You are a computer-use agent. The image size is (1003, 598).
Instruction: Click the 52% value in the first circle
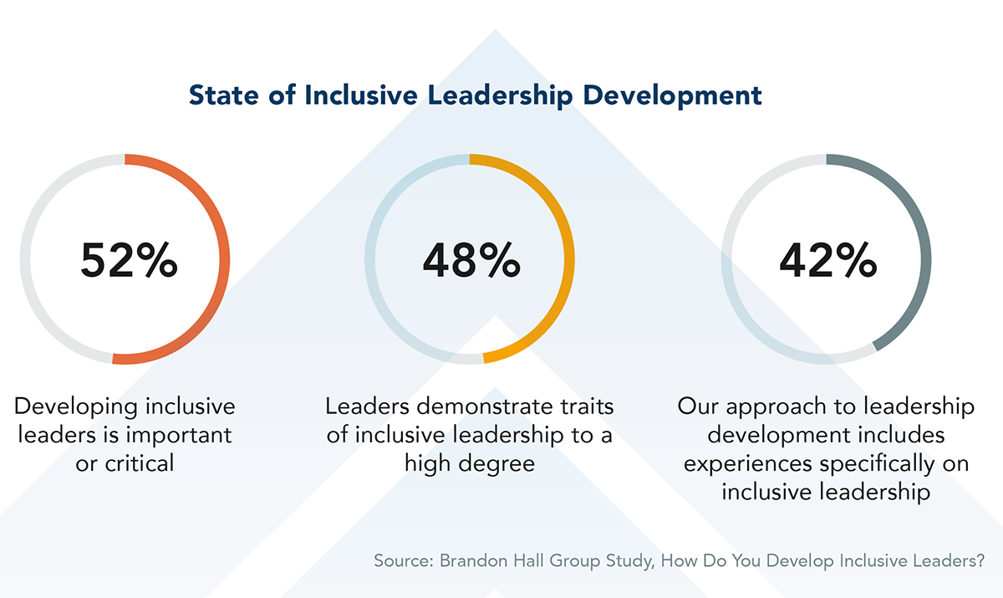(x=129, y=260)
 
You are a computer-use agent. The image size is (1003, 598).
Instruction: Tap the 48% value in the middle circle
(x=471, y=260)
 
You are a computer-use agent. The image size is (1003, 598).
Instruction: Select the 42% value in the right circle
(x=827, y=260)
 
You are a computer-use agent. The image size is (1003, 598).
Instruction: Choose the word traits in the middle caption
(x=584, y=407)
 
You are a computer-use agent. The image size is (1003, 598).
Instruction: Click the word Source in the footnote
(x=400, y=561)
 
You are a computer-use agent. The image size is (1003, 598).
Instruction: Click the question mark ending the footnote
(x=979, y=561)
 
